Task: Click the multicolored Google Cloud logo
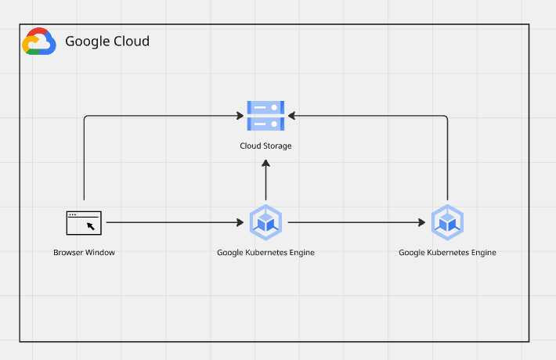coord(39,41)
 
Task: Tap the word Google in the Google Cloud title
coord(88,41)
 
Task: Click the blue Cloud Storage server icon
coord(265,116)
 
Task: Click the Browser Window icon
coord(84,223)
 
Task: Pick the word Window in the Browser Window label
coord(100,252)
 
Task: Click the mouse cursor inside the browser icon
coord(91,226)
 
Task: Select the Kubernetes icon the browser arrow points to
coord(265,222)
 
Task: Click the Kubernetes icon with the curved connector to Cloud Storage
coord(447,222)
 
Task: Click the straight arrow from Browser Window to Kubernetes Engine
coord(175,222)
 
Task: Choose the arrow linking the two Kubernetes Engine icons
coord(357,222)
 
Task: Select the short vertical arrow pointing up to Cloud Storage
coord(265,180)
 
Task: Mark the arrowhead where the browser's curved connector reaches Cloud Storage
coord(240,116)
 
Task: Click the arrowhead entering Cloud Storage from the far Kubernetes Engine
coord(291,116)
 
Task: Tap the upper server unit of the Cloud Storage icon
coord(265,107)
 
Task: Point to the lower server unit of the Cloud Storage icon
coord(265,124)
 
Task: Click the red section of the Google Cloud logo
coord(38,32)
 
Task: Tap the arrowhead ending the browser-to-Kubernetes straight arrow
coord(240,222)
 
